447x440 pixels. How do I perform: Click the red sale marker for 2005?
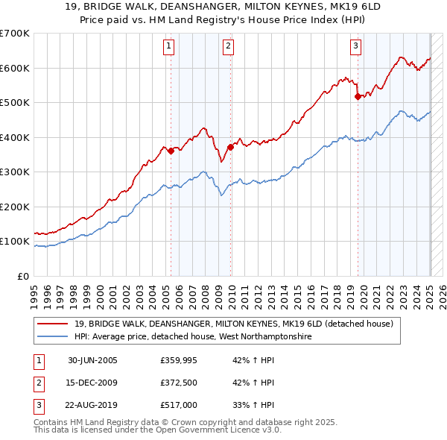[171, 151]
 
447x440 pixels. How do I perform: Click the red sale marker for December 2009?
[230, 147]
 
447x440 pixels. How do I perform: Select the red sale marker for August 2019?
[358, 96]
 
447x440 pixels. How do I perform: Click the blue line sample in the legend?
[54, 336]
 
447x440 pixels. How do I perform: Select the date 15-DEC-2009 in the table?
[92, 383]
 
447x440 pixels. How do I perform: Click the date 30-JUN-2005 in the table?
[92, 360]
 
